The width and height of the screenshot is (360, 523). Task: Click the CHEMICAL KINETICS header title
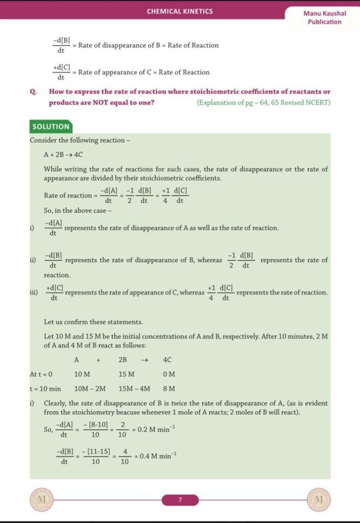180,11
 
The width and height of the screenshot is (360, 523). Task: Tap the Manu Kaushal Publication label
324,17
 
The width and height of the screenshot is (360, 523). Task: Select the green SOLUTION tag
51,127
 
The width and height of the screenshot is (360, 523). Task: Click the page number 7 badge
180,500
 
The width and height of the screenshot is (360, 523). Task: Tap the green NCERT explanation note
263,103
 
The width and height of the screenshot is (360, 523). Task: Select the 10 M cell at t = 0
82,374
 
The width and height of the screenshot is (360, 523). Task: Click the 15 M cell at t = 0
127,374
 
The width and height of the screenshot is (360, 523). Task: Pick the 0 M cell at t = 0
169,374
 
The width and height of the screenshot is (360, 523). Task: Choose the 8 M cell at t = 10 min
169,389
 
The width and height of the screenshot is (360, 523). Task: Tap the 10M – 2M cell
90,389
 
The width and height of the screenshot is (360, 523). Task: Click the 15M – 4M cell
135,389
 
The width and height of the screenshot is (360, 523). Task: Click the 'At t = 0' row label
41,374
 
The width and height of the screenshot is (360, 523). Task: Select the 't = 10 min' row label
45,389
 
